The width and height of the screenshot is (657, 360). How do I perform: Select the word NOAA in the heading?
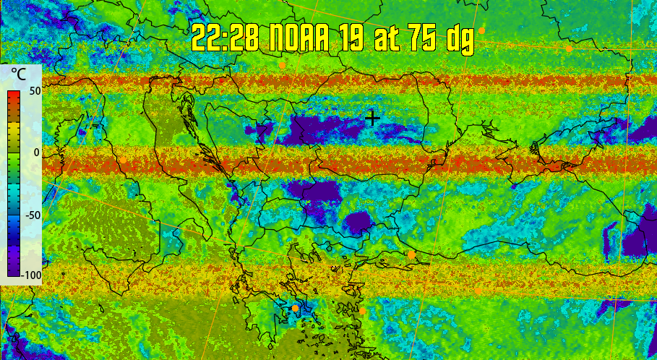tap(302, 38)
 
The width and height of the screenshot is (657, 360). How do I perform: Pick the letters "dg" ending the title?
tap(459, 39)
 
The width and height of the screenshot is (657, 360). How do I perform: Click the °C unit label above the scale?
tap(20, 74)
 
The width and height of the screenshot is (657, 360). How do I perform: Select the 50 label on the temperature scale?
tap(33, 92)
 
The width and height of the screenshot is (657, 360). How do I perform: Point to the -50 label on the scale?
tap(31, 215)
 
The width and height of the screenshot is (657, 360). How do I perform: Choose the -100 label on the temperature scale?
tap(31, 275)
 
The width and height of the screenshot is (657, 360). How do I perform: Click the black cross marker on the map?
tap(372, 118)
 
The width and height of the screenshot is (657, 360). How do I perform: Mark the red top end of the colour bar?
tap(14, 95)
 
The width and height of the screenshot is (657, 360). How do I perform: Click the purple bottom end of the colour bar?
tap(14, 273)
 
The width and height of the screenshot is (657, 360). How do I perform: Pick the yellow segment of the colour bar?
tap(14, 130)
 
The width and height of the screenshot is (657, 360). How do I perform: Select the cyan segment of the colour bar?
tap(14, 192)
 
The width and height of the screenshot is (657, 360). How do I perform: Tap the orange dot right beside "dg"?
tap(481, 30)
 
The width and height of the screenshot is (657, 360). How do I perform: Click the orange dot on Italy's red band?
tap(123, 160)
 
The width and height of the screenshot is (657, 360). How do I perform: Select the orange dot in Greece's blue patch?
tap(296, 308)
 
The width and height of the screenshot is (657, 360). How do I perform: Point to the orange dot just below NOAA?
tap(282, 65)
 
